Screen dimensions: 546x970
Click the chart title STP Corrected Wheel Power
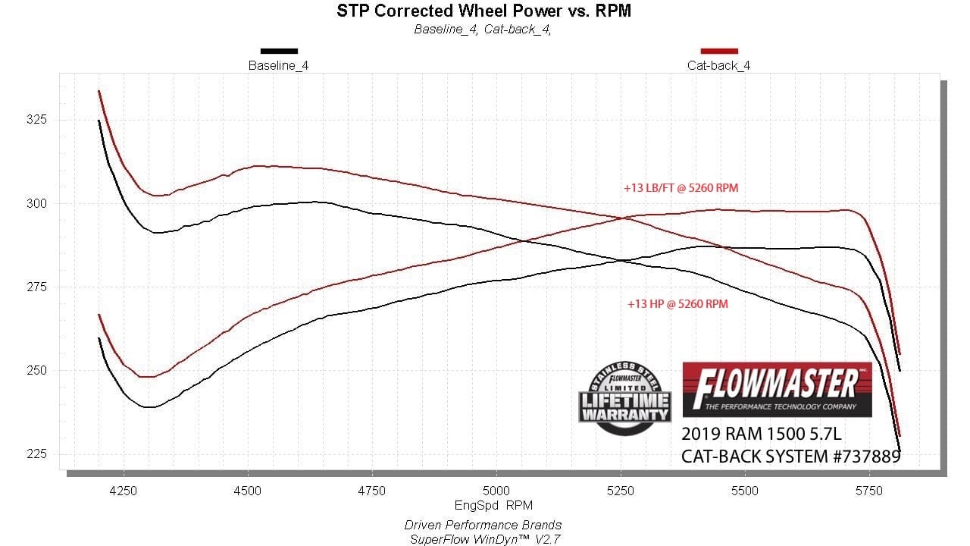tap(483, 11)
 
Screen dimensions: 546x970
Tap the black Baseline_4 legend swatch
tap(279, 51)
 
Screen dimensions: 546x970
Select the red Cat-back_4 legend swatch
tap(719, 51)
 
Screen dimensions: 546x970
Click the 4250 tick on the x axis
tap(124, 491)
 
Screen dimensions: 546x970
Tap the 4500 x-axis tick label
tap(248, 491)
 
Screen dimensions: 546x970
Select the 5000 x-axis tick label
tap(496, 491)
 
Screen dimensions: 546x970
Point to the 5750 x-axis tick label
tap(869, 491)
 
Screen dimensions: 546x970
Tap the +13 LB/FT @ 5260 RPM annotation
tap(681, 188)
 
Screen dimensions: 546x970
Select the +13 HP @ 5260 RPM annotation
tap(677, 304)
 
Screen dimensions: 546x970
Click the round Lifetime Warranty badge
tap(624, 398)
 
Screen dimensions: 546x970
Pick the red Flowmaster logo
tap(777, 389)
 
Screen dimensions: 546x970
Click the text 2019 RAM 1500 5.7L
tap(761, 435)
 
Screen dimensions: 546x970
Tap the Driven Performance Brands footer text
tap(483, 525)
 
